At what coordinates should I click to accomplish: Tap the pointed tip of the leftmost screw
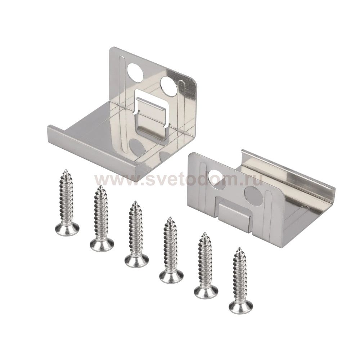tap(66, 170)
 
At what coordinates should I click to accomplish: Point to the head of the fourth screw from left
tap(172, 274)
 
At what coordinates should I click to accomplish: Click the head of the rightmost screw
tap(241, 305)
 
